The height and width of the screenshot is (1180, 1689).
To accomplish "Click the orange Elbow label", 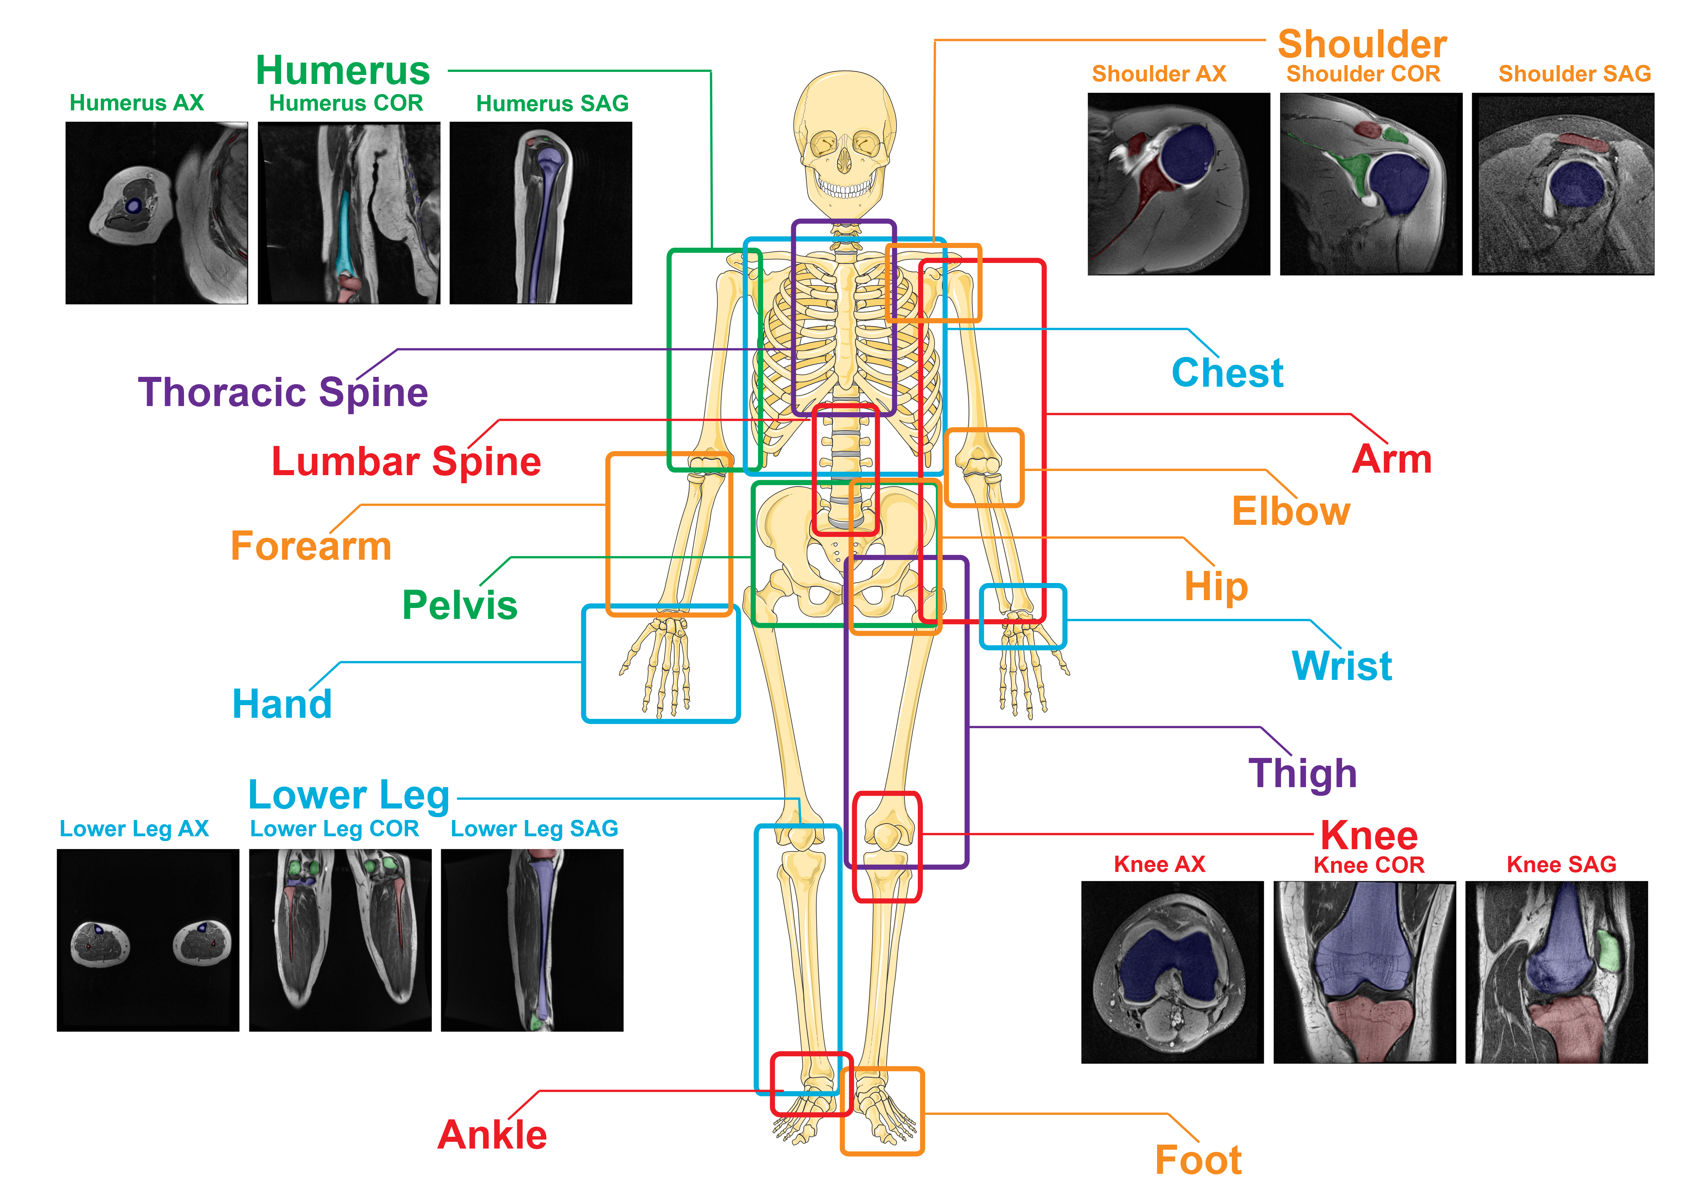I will pyautogui.click(x=1291, y=511).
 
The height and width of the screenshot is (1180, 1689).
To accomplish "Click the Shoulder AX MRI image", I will pyautogui.click(x=1178, y=184).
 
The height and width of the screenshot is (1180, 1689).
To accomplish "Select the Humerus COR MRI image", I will pyautogui.click(x=349, y=213).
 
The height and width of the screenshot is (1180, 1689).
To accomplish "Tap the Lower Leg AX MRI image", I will pyautogui.click(x=148, y=940).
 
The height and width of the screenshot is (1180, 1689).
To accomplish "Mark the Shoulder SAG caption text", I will pyautogui.click(x=1574, y=74).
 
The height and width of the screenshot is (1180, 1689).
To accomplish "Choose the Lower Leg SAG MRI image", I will pyautogui.click(x=532, y=940).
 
